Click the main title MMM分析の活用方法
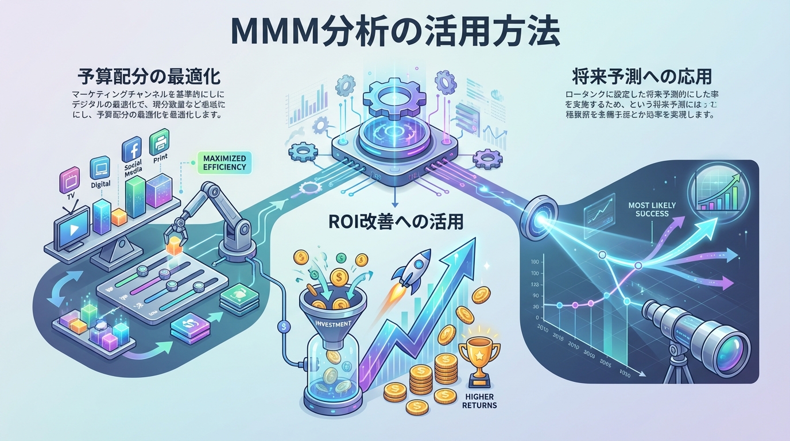coord(394,32)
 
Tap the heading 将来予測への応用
coord(638,76)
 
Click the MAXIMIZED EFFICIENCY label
coord(224,163)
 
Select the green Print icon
coord(159,141)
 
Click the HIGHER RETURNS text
coord(479,401)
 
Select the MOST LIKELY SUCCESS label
coord(652,210)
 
